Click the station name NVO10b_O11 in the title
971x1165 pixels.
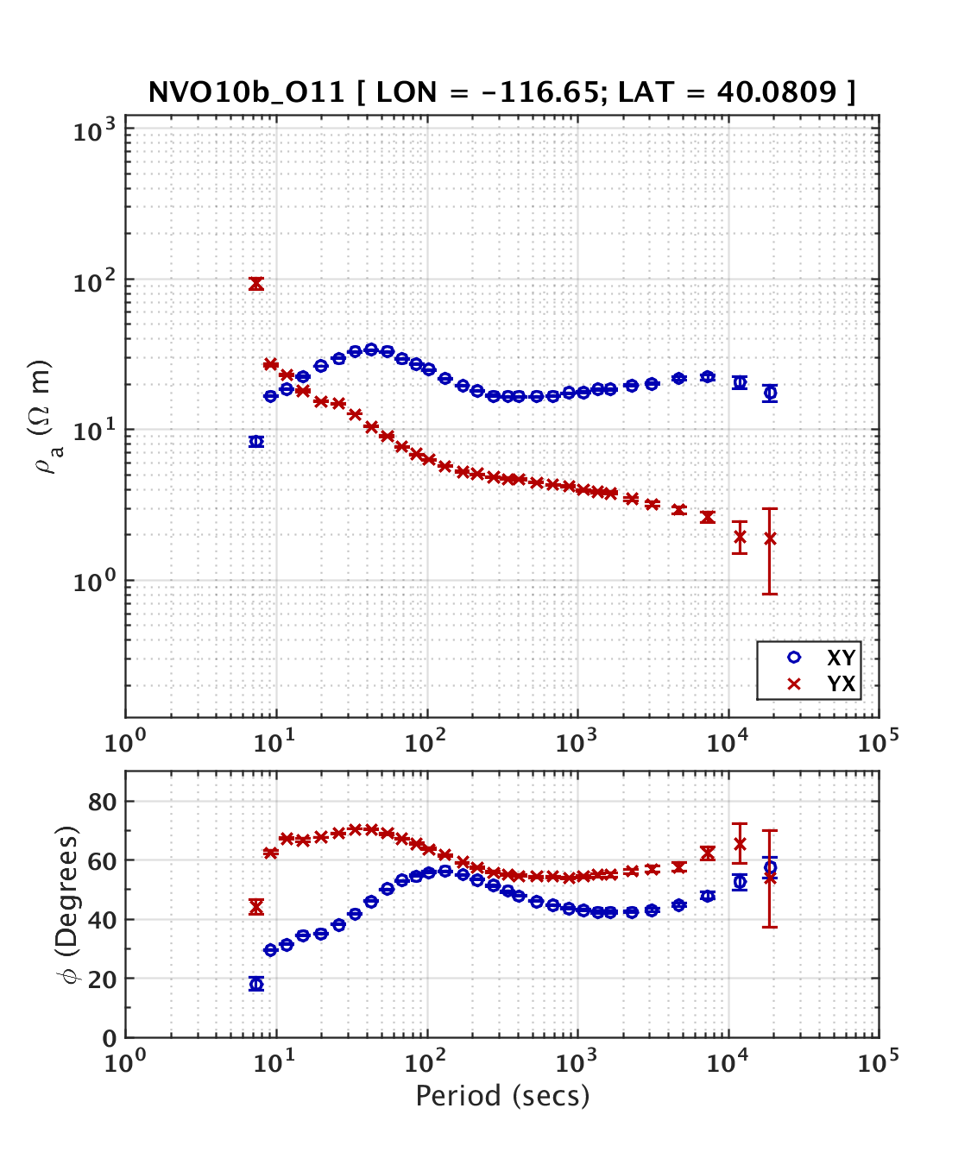[247, 92]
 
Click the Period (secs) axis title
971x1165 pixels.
[502, 1096]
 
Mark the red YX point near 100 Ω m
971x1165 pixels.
[256, 284]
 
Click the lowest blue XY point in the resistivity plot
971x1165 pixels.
[256, 442]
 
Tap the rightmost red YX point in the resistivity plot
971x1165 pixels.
[770, 538]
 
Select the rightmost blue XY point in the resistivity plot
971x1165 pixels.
[770, 394]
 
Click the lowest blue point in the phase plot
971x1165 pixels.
[256, 985]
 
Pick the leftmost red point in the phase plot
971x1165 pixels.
[256, 907]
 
